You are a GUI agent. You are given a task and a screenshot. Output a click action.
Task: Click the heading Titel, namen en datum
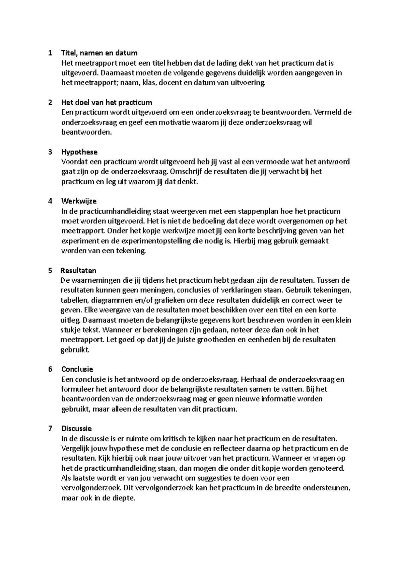(99, 53)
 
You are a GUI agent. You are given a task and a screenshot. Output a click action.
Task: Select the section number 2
(50, 102)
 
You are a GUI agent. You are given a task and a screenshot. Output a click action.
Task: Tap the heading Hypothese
(79, 152)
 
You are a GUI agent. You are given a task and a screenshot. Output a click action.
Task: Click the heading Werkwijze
(79, 201)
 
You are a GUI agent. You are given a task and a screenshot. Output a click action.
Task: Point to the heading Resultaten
(78, 270)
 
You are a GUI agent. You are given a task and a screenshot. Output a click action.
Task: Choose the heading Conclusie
(77, 369)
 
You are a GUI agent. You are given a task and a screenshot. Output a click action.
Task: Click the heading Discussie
(77, 429)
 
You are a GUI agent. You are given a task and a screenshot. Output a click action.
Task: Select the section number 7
(50, 429)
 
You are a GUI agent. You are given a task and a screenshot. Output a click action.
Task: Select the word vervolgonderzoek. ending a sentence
(92, 488)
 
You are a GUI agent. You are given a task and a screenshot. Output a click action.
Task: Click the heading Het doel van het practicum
(107, 102)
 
